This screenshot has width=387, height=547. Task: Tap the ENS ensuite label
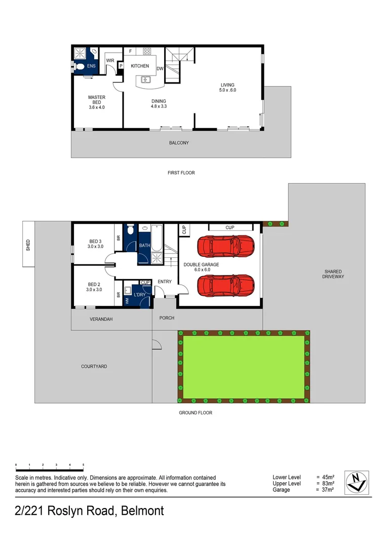[91, 66]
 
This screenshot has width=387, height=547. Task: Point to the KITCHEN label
[140, 66]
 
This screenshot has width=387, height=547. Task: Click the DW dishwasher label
[160, 68]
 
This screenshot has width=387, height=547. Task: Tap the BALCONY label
[179, 143]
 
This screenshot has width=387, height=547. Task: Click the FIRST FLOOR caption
[181, 173]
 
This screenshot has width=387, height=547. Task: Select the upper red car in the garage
[225, 246]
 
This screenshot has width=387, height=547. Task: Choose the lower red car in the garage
[225, 286]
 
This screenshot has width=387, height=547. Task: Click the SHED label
[28, 245]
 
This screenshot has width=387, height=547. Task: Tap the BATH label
[144, 246]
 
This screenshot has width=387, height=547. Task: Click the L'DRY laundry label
[140, 294]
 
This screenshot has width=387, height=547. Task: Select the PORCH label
[167, 318]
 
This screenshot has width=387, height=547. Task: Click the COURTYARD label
[94, 366]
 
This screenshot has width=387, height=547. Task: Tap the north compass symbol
[357, 483]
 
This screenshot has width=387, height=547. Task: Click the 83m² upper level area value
[327, 484]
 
